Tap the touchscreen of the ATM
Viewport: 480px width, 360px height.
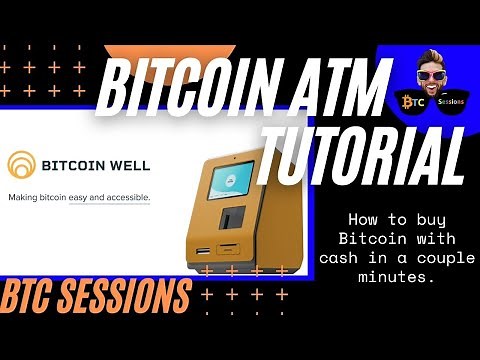pyautogui.click(x=231, y=183)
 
